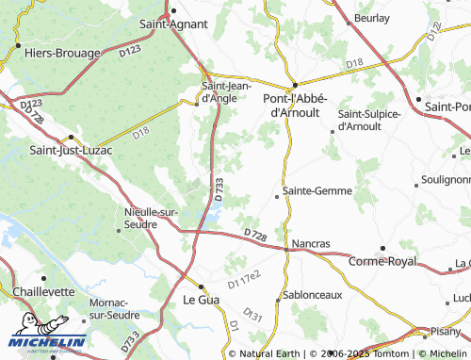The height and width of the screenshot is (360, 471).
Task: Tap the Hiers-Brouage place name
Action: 58,55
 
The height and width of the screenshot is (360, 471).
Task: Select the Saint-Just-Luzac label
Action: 72,149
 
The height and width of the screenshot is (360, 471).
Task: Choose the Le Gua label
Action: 199,301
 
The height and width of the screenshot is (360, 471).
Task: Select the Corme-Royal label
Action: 382,261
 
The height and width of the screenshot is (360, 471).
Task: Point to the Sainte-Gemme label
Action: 317,190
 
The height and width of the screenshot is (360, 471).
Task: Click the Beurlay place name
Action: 371,18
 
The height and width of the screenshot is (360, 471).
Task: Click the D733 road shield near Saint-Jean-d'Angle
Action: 219,188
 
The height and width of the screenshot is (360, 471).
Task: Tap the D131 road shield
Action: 252,314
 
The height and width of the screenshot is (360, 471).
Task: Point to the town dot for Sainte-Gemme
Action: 277,196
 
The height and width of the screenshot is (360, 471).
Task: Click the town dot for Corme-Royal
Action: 383,248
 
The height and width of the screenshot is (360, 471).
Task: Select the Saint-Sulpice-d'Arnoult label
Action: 368,120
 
